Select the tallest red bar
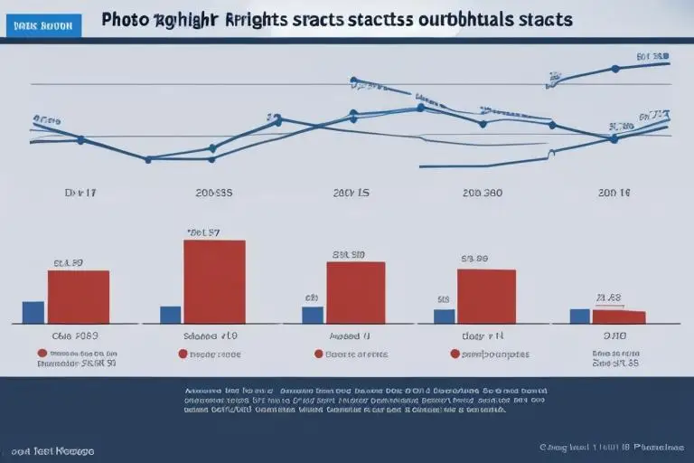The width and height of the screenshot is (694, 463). click(214, 281)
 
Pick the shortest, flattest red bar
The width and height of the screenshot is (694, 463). click(619, 317)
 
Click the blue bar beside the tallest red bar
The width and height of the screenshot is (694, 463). click(170, 315)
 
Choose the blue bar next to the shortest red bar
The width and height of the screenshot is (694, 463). click(579, 316)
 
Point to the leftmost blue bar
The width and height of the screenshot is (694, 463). click(33, 312)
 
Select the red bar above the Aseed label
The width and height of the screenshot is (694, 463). click(355, 292)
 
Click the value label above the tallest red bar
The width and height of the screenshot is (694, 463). click(203, 232)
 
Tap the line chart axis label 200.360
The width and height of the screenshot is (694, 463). click(483, 193)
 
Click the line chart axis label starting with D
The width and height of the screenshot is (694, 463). click(79, 193)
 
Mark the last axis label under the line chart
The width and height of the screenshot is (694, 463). click(612, 193)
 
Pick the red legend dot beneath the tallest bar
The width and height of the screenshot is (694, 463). click(183, 354)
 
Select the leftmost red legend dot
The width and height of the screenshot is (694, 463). click(42, 354)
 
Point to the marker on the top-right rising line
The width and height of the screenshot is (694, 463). click(615, 69)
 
